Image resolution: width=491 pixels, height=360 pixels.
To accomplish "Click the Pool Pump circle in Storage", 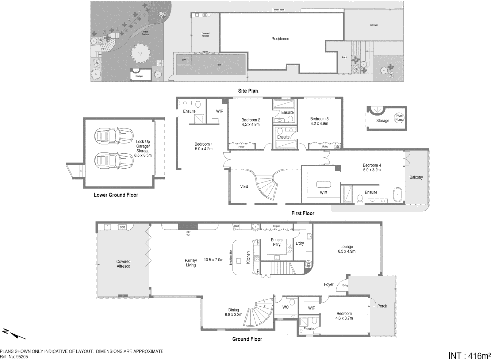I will coord(399,118).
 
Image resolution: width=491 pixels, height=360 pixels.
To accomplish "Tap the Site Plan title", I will coord(248,91).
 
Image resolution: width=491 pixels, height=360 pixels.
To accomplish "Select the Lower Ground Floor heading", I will coord(116,195).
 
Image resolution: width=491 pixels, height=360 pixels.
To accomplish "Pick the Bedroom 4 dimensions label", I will coord(372,170).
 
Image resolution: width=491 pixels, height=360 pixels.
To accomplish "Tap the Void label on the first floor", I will coord(244,187).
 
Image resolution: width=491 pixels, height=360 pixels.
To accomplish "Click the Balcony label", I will coord(416,177).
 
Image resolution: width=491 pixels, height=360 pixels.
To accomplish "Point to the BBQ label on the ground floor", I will coord(122,227).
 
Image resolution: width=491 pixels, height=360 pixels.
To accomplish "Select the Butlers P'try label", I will coord(276,242).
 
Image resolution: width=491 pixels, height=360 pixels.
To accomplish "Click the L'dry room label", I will coord(300,243).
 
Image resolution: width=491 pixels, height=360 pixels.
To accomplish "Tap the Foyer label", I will coord(329,284).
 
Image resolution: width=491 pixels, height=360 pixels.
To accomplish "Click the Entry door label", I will coord(345,285).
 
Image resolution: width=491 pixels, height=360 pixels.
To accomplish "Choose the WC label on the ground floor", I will coord(285,307).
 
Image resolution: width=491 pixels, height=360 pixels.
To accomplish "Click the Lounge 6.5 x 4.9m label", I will coord(347,249).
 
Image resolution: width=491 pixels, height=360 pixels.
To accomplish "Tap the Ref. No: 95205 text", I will coord(14,356).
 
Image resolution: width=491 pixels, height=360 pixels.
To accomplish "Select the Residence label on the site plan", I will coord(280,39).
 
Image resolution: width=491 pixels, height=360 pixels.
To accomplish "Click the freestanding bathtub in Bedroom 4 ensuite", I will coord(398,195).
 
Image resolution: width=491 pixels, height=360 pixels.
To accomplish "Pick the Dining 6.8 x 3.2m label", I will coord(233,312).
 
